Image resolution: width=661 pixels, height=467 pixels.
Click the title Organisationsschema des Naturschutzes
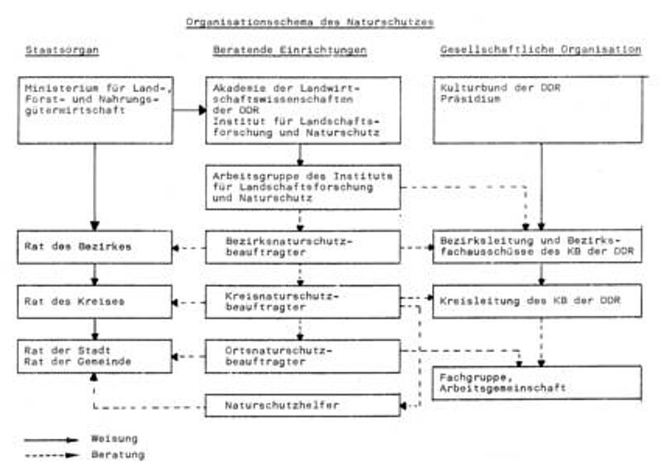click(310, 22)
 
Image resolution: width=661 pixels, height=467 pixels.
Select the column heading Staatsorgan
click(62, 50)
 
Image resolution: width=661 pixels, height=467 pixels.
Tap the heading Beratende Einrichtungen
click(290, 50)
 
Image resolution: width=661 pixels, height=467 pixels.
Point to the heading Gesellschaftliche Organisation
click(541, 50)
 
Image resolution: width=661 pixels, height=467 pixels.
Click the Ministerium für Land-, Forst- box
click(96, 110)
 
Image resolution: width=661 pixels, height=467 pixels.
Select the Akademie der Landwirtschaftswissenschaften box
click(303, 110)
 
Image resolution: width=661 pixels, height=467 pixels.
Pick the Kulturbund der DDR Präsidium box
click(538, 110)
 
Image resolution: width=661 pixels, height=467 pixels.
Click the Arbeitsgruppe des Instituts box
click(303, 188)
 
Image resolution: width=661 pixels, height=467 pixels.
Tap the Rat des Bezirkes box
click(95, 247)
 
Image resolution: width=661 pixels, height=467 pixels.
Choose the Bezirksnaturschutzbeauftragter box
click(303, 247)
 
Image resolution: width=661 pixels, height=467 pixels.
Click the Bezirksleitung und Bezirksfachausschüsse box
click(538, 246)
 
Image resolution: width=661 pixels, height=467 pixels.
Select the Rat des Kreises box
click(95, 302)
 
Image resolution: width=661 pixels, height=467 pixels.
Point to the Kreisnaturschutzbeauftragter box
click(303, 302)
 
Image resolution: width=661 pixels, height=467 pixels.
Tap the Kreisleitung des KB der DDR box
click(538, 301)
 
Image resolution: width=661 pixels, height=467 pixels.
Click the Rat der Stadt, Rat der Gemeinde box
click(95, 356)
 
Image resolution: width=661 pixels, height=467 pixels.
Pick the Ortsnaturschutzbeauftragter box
click(303, 356)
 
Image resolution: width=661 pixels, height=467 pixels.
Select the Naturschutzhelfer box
click(303, 405)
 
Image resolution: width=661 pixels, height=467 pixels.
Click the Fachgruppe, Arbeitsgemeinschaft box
click(537, 383)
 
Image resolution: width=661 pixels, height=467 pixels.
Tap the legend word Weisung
click(115, 439)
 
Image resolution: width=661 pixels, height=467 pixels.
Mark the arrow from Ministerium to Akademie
click(190, 110)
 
